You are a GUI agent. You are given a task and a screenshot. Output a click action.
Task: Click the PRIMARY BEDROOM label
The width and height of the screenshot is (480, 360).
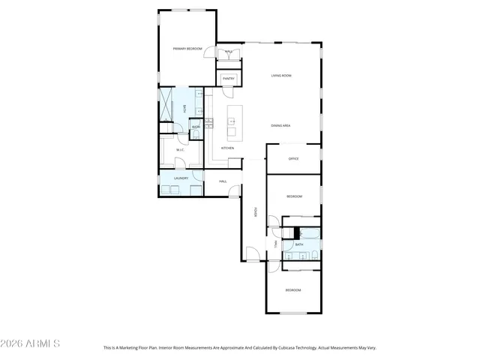pos(188,49)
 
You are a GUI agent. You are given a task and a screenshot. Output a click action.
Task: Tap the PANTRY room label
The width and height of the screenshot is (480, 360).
pos(229,79)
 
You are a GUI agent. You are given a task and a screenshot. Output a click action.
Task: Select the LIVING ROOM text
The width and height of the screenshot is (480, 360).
pos(281,76)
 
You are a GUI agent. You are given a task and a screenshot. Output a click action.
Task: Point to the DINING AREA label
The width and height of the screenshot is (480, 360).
pos(281,125)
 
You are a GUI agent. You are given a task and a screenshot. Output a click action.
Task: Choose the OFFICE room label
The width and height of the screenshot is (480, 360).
pos(294,159)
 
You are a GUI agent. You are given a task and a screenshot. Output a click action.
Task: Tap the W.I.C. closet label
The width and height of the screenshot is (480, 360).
pos(181,150)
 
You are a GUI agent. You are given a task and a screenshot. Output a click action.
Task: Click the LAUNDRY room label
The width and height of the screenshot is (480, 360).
pos(181,178)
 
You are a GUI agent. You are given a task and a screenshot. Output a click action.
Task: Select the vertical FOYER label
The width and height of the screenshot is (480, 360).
pos(255,213)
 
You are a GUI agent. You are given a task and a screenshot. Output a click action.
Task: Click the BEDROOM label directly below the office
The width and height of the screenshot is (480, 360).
pos(294,196)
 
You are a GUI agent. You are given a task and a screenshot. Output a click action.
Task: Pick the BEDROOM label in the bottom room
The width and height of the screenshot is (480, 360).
pos(292,290)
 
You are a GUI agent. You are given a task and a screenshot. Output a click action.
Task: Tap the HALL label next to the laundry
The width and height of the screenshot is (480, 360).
pos(223,181)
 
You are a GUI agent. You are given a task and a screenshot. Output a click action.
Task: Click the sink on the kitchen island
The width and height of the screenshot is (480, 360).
pos(232,132)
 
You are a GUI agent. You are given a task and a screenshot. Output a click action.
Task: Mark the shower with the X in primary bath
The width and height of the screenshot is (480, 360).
pos(166,105)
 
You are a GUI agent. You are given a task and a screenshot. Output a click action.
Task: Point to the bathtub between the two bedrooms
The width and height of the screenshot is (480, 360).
pos(310,233)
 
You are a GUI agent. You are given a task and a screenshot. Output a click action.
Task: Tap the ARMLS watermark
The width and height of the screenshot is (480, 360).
pos(31,343)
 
